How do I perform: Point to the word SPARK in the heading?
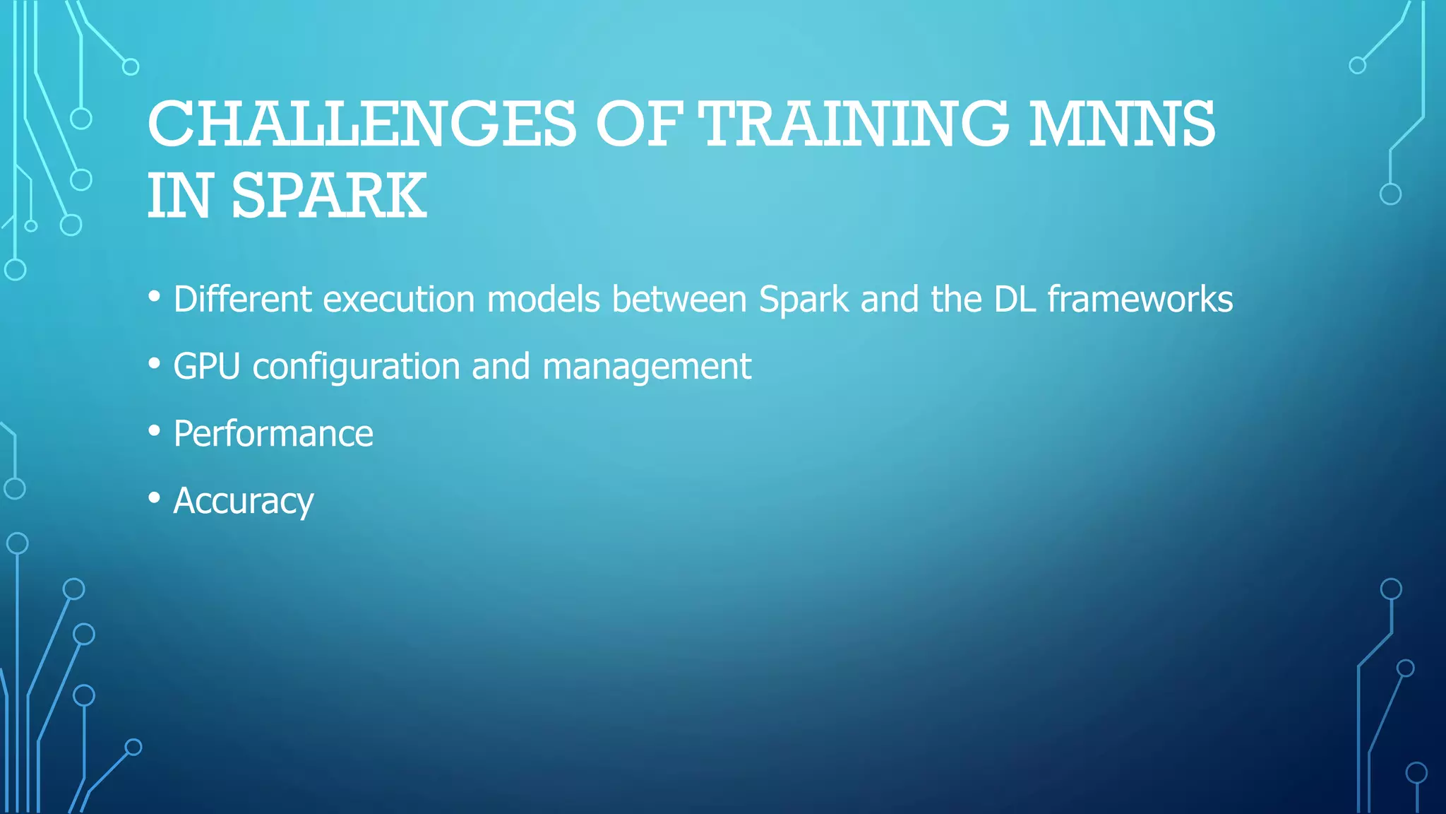329,196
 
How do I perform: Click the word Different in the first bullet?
242,299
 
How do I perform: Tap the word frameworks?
1140,299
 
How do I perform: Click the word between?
679,299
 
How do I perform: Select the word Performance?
273,433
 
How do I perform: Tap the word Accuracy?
244,502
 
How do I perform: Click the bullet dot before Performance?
155,430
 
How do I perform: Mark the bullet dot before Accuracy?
155,497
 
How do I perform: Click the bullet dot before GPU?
155,363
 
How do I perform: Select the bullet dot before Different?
155,296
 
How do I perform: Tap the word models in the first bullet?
543,299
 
